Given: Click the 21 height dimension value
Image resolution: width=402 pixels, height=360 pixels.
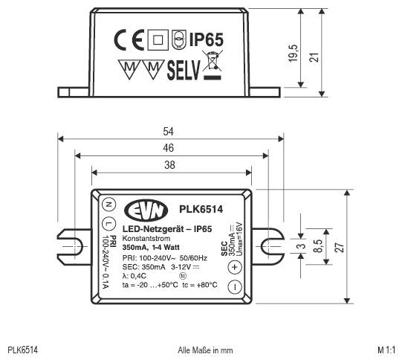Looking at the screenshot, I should [x=322, y=56].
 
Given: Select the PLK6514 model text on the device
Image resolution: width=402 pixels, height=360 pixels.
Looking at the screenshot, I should [x=201, y=210].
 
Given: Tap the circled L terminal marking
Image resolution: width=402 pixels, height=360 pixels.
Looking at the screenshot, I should [x=108, y=224].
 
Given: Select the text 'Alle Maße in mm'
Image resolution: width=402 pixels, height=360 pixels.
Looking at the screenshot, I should [x=204, y=350].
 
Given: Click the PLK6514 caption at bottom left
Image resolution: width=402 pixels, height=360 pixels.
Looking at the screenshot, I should [x=23, y=350].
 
